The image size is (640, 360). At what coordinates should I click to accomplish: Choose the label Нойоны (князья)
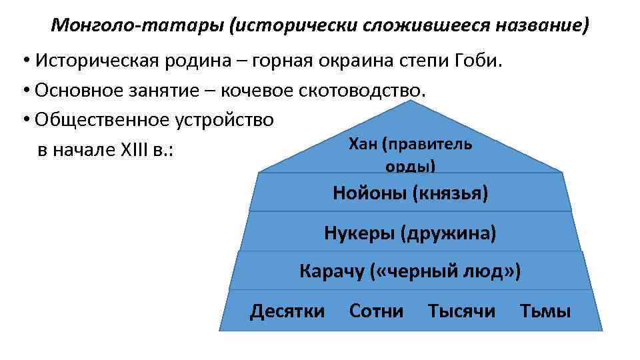(411, 194)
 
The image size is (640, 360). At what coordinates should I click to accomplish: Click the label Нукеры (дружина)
(410, 233)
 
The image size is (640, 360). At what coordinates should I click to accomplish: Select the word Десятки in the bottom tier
(287, 311)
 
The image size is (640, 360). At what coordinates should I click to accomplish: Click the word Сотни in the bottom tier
(376, 311)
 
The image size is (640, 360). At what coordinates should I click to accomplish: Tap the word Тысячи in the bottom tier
(461, 311)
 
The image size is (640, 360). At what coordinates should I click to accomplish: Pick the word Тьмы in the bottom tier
(545, 311)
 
